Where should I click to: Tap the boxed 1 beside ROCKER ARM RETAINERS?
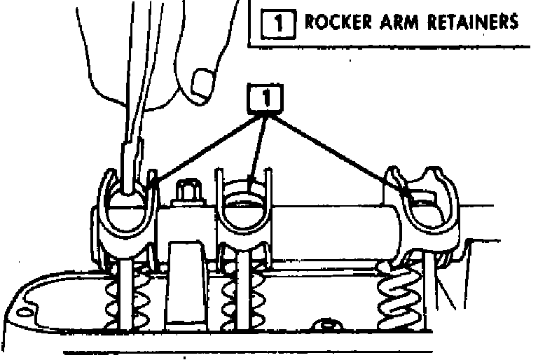(277, 22)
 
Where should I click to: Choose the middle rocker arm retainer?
(244, 210)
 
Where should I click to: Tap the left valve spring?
(130, 294)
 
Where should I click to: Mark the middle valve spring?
(241, 294)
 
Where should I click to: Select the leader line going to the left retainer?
(203, 147)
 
